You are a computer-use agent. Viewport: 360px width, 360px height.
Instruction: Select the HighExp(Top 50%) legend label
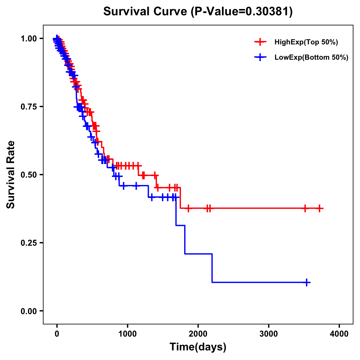(306, 42)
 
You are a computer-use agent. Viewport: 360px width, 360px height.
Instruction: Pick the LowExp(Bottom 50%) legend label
(311, 57)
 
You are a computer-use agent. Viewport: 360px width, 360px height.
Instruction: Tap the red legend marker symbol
(260, 42)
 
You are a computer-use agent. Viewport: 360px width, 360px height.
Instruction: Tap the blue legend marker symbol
(260, 57)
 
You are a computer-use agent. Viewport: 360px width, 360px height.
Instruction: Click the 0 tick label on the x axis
(57, 334)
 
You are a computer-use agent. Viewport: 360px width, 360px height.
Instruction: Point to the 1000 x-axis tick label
(127, 334)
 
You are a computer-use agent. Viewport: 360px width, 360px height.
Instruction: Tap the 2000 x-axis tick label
(198, 334)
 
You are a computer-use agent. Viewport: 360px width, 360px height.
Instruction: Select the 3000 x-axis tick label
(268, 334)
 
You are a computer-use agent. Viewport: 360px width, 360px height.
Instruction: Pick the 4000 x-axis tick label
(339, 334)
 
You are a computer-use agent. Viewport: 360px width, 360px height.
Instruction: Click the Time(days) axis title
(198, 347)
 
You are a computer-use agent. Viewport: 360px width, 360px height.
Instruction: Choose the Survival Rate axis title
(11, 174)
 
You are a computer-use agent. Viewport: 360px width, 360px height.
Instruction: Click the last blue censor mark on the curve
(307, 282)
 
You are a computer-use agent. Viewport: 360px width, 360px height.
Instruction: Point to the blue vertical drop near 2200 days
(212, 268)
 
